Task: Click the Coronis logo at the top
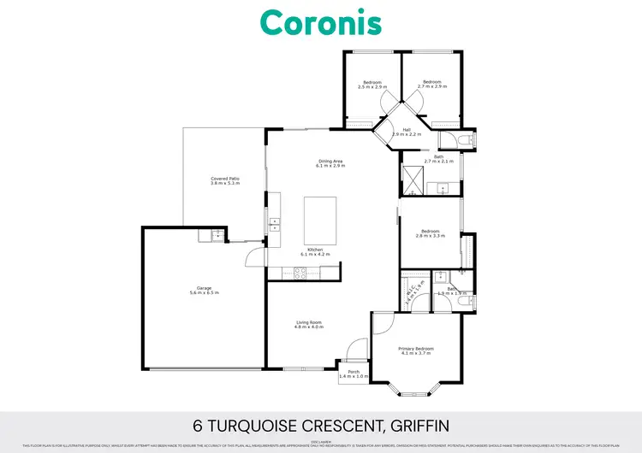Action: [x=321, y=22]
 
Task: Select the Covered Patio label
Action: [x=225, y=179]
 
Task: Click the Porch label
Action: [x=354, y=371]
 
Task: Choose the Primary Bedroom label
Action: [x=416, y=349]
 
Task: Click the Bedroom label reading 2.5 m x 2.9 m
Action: [x=372, y=82]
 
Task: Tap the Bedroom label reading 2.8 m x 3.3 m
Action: [x=431, y=232]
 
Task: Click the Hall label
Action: [x=407, y=130]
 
